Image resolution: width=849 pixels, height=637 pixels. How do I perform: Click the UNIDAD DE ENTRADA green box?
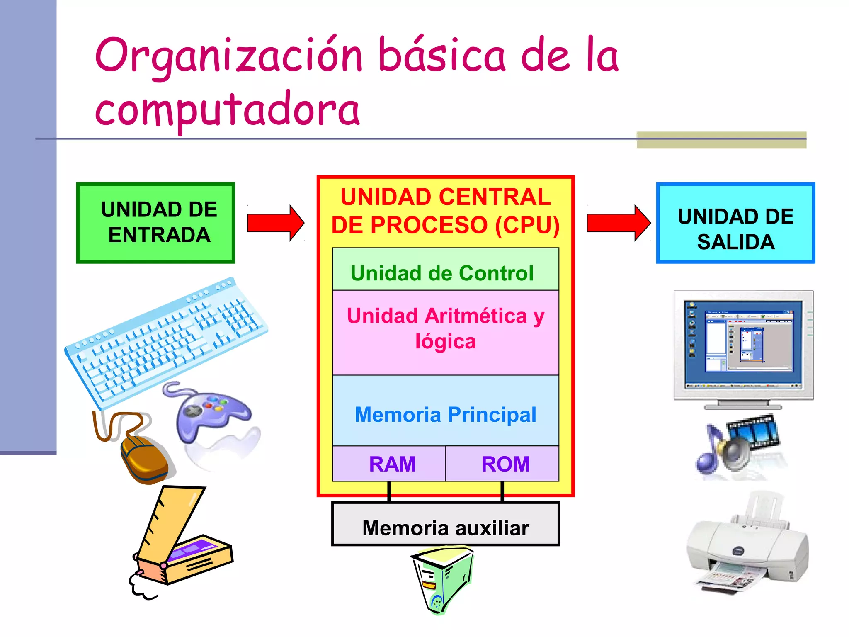[155, 223]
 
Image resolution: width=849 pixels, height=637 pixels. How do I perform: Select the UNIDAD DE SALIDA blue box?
[735, 223]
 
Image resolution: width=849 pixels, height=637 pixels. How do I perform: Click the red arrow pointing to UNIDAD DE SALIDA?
[618, 223]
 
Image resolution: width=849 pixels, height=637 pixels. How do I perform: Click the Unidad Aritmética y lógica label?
[445, 328]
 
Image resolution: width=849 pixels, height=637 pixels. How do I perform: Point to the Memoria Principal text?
[445, 415]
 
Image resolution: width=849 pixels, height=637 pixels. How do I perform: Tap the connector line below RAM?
[389, 492]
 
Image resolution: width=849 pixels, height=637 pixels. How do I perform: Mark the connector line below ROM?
[502, 492]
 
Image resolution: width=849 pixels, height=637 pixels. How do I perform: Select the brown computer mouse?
[143, 458]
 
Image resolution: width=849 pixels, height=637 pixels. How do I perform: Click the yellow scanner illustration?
[182, 543]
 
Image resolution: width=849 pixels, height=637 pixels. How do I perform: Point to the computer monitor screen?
[743, 343]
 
